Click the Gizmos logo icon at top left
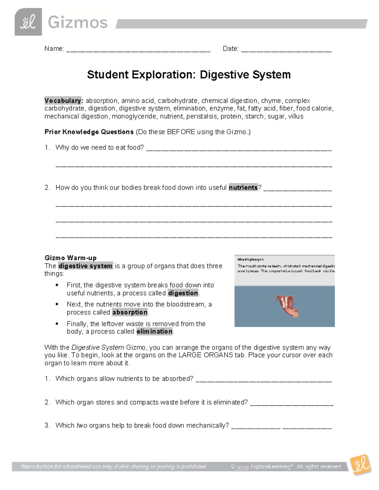click(28, 22)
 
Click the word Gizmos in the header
click(78, 23)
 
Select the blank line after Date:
click(286, 50)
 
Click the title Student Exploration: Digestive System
click(189, 75)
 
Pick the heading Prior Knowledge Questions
click(89, 132)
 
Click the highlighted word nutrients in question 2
click(243, 187)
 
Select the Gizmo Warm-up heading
click(70, 258)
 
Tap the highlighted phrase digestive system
click(85, 266)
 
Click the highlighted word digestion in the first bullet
click(183, 293)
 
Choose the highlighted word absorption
click(130, 312)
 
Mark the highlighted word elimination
click(154, 332)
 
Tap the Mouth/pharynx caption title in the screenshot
click(250, 260)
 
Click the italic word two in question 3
click(82, 425)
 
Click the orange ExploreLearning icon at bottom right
click(360, 465)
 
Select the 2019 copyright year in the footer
click(242, 467)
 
